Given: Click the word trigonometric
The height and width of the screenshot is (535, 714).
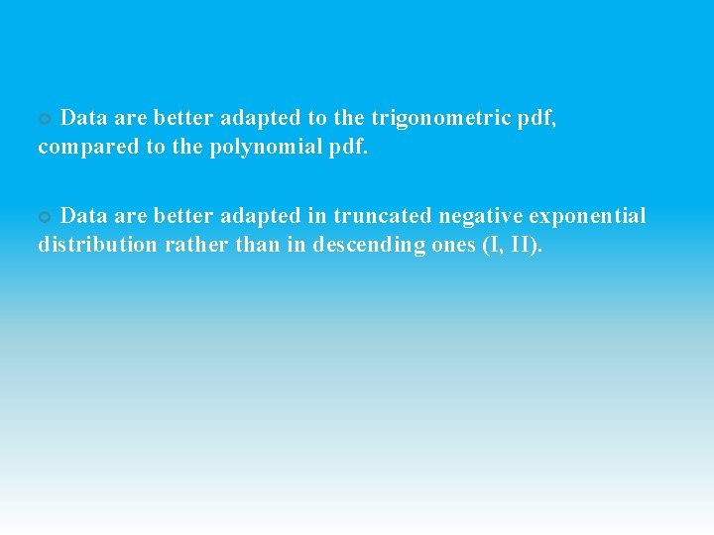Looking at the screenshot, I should click(x=443, y=118).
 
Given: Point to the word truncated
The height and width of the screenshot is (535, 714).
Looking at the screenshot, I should click(x=384, y=216).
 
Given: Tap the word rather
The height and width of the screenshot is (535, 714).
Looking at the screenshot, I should click(x=193, y=245).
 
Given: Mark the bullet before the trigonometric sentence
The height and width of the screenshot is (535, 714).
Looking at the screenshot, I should click(x=44, y=119).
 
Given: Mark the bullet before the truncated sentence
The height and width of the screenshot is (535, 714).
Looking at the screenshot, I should click(x=44, y=217).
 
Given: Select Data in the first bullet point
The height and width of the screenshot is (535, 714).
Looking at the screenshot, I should click(x=84, y=118).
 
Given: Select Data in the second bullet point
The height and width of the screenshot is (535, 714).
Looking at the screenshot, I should click(x=84, y=216).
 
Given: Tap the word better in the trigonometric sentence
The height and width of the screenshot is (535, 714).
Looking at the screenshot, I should click(x=183, y=118).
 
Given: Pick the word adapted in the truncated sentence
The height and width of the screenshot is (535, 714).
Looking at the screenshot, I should click(x=260, y=216).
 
